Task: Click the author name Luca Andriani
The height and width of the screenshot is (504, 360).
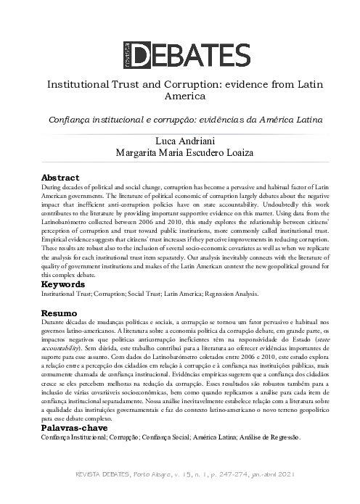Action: (179, 140)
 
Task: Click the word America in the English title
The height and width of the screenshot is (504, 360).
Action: (179, 96)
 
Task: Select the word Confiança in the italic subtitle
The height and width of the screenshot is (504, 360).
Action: (70, 118)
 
